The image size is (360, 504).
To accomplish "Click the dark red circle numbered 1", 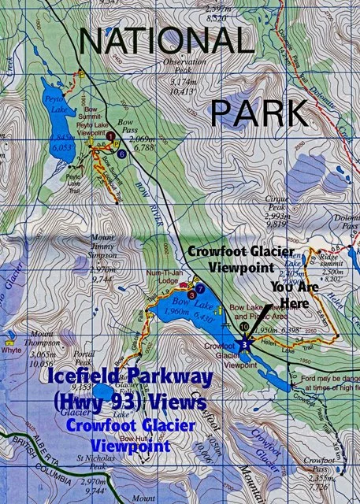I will pos(112,136).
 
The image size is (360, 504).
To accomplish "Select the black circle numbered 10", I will pos(244,325).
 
